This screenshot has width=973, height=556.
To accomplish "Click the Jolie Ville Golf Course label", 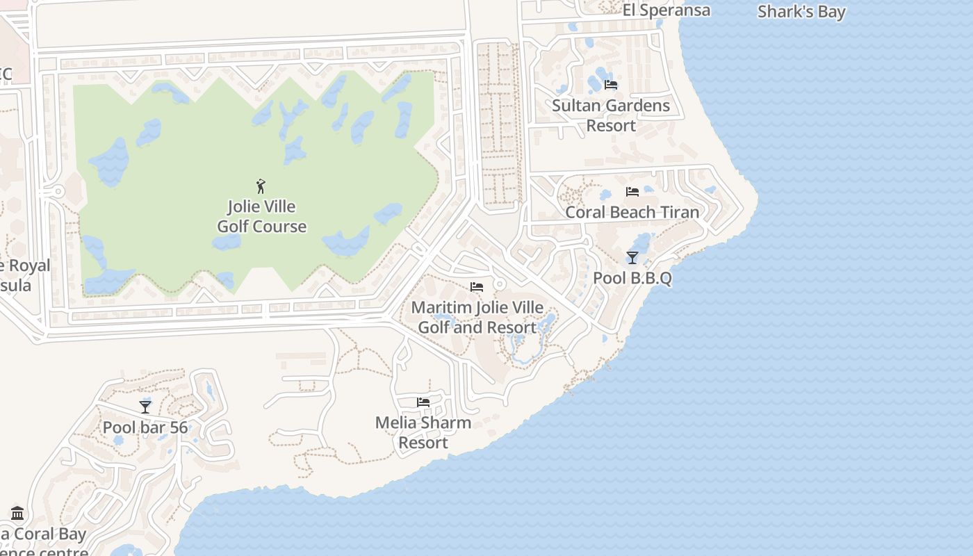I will pyautogui.click(x=261, y=217).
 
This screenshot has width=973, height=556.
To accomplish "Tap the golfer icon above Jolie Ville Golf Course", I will pyautogui.click(x=261, y=186).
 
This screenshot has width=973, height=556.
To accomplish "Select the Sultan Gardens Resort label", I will pyautogui.click(x=611, y=115).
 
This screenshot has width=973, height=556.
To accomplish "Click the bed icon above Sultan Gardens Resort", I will pyautogui.click(x=611, y=85).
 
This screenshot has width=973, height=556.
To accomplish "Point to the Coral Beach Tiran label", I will pyautogui.click(x=632, y=212).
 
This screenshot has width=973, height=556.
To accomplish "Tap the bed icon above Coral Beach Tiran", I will pyautogui.click(x=632, y=191).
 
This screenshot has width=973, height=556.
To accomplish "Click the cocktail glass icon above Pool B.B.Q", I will pyautogui.click(x=632, y=258).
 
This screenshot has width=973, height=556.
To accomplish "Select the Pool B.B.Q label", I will pyautogui.click(x=632, y=278).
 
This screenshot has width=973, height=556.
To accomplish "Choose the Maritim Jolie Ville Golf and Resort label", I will pyautogui.click(x=477, y=317).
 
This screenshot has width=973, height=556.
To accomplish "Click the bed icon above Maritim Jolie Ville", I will pyautogui.click(x=477, y=286).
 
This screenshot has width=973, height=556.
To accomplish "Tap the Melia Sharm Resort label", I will pyautogui.click(x=423, y=432).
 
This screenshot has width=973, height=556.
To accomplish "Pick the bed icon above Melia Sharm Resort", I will pyautogui.click(x=423, y=402).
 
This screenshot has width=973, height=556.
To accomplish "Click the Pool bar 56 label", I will pyautogui.click(x=145, y=427).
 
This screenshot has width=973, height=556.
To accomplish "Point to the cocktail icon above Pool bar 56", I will pyautogui.click(x=145, y=407).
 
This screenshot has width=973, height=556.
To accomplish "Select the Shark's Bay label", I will pyautogui.click(x=801, y=12).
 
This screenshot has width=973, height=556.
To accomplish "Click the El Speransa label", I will pyautogui.click(x=667, y=10).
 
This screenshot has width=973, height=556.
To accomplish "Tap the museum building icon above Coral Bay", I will pyautogui.click(x=17, y=513).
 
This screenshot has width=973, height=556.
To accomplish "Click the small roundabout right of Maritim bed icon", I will pyautogui.click(x=499, y=285).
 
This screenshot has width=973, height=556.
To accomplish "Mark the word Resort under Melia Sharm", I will pyautogui.click(x=423, y=443).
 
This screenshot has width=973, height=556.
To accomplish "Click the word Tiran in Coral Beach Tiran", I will pyautogui.click(x=679, y=212).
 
